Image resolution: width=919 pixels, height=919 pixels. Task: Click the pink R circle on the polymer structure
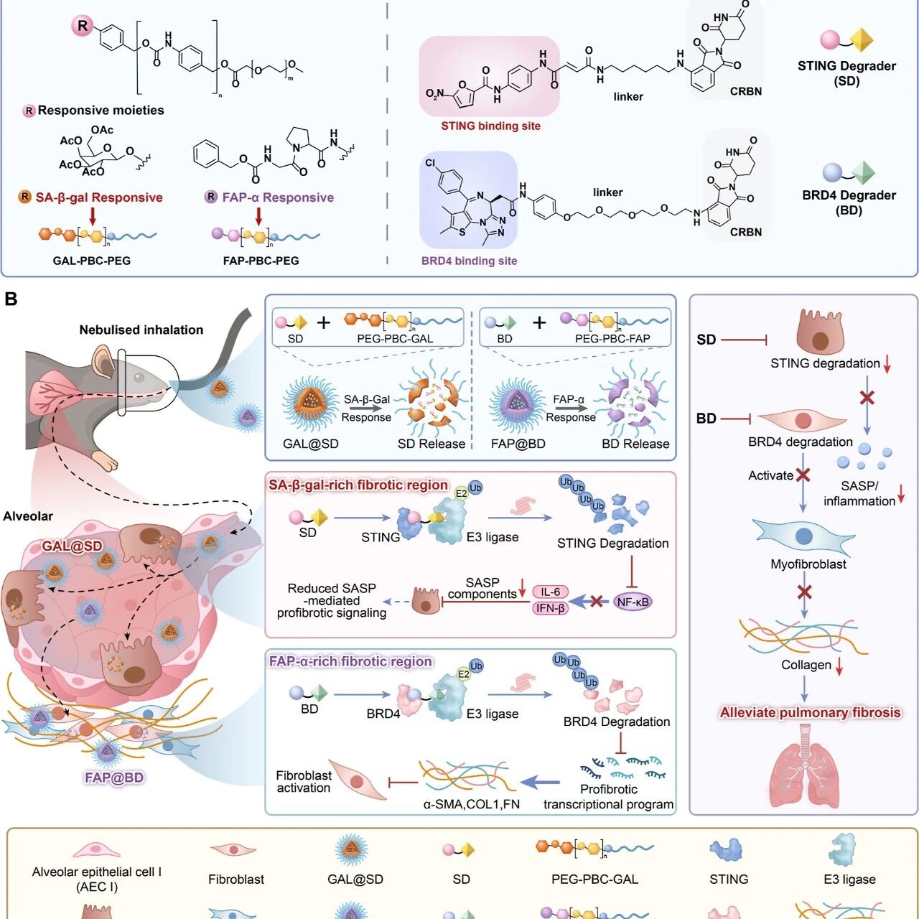(83, 26)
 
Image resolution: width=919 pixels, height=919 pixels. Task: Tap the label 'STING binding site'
(490, 126)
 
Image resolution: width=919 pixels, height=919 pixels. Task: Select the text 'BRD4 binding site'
(469, 261)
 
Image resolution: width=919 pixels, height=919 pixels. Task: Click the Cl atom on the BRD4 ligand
(430, 163)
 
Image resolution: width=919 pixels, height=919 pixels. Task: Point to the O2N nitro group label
(434, 94)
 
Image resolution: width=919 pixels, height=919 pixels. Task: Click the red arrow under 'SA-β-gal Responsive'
(93, 216)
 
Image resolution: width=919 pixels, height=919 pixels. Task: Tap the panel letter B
(11, 299)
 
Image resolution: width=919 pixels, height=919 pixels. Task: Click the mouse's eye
(139, 378)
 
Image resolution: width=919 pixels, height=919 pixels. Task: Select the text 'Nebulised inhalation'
(141, 330)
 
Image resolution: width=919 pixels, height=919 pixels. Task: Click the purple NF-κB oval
(633, 602)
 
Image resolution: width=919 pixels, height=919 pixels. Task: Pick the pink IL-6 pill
(550, 592)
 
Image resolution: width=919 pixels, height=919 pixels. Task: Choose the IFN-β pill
(550, 608)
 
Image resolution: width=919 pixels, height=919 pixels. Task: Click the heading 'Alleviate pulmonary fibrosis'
(810, 712)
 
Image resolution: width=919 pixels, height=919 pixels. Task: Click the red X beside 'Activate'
(803, 475)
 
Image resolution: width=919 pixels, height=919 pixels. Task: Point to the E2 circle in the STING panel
(461, 493)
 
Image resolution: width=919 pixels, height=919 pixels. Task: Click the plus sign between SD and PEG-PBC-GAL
(324, 323)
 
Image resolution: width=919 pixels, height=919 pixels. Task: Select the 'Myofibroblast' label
(808, 564)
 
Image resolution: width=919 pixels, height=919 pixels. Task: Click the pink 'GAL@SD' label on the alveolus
(72, 546)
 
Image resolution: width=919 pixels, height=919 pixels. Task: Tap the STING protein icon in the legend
(726, 850)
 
